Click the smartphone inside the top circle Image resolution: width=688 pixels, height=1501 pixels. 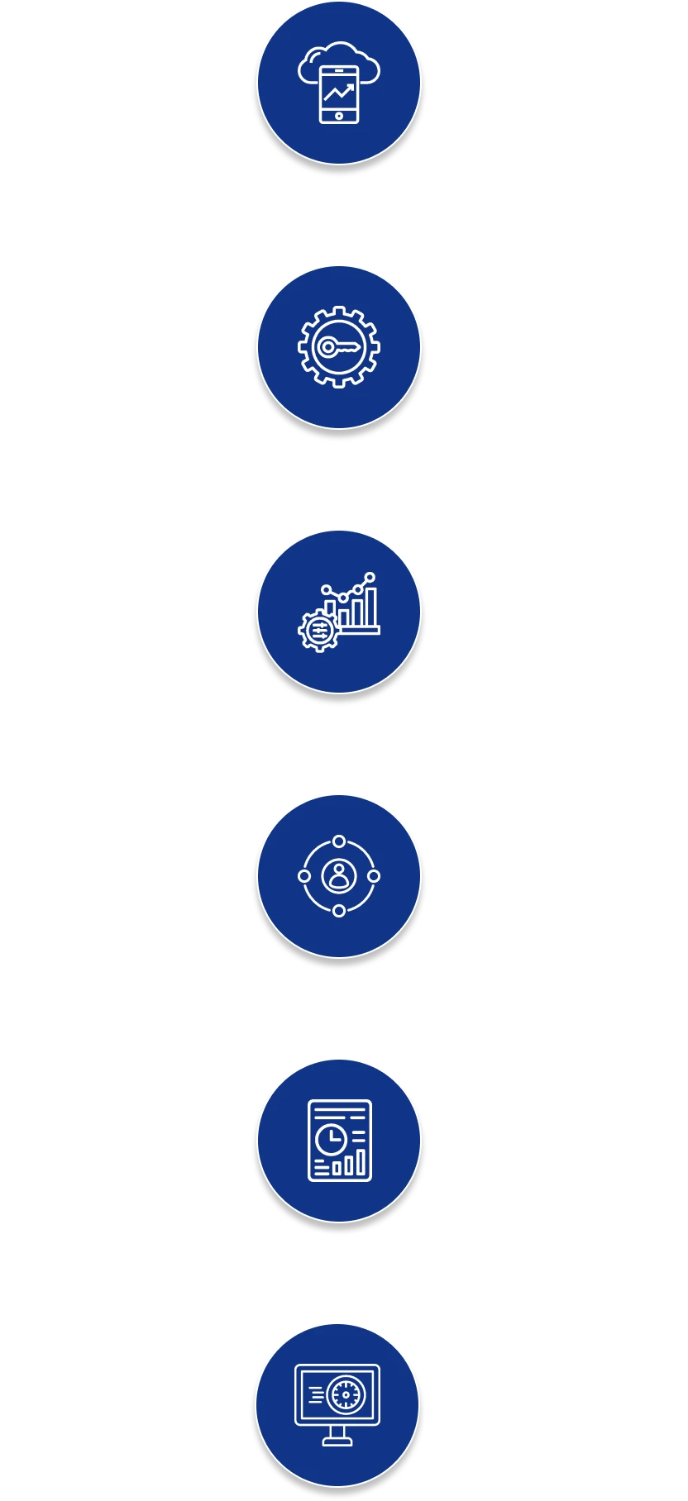click(x=339, y=93)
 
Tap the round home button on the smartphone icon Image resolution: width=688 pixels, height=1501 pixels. click(x=339, y=117)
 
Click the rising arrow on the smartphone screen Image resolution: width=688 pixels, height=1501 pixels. click(x=339, y=92)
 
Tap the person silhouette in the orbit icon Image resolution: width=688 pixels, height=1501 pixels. click(x=338, y=874)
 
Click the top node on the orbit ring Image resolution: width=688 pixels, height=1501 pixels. click(x=339, y=841)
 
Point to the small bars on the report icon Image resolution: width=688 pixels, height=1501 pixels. click(x=348, y=1164)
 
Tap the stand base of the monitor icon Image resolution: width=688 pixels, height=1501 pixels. click(x=337, y=1441)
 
